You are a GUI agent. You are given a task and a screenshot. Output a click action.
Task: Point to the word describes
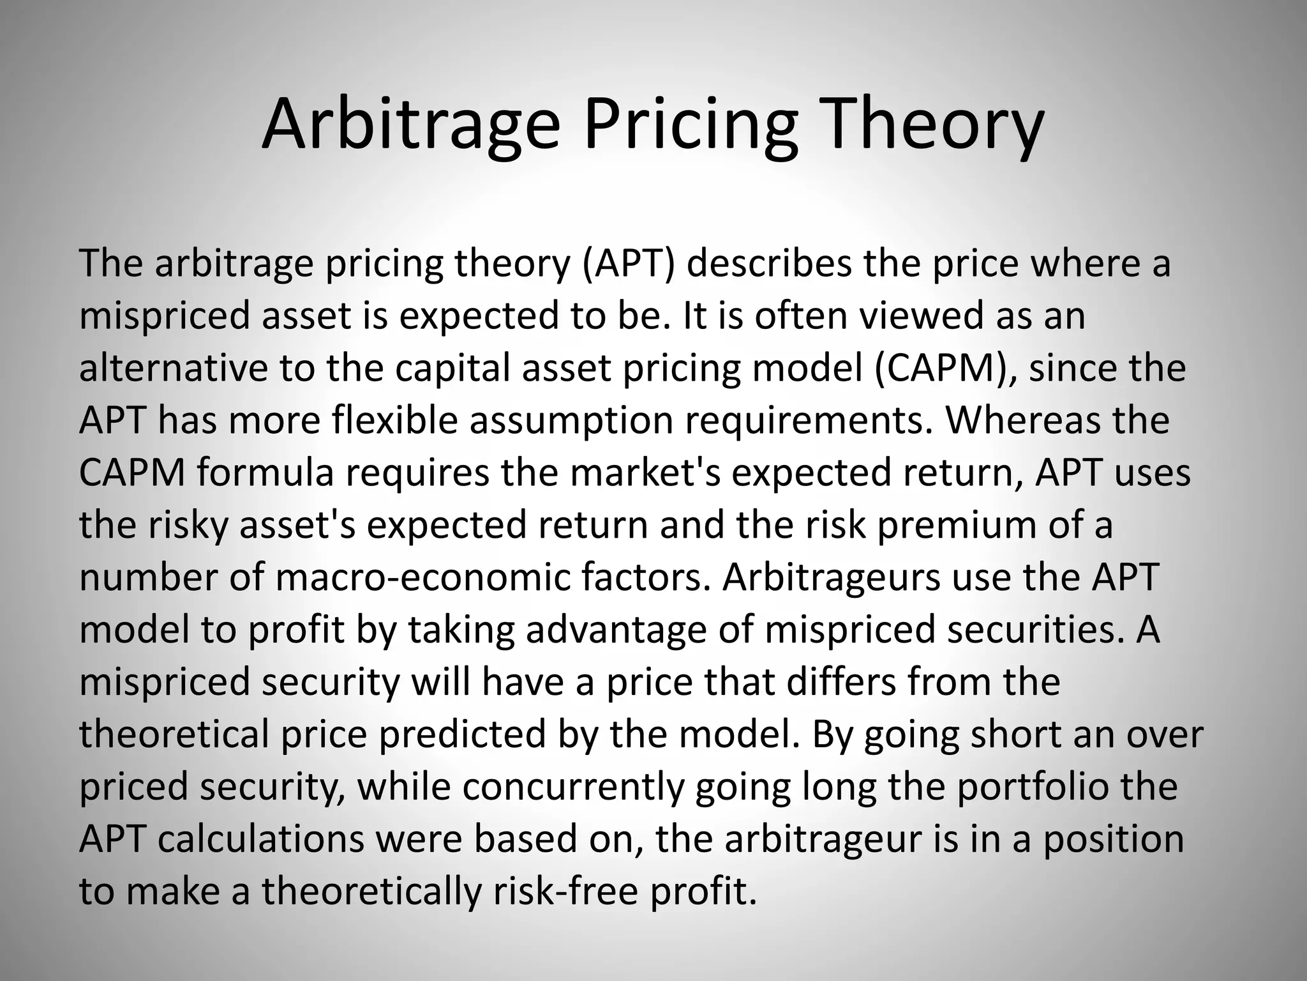click(x=769, y=263)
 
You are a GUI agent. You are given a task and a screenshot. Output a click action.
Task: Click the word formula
click(x=265, y=473)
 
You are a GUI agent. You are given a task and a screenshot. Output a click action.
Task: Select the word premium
click(x=957, y=525)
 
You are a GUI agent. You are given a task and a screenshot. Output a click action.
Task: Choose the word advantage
click(x=616, y=630)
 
